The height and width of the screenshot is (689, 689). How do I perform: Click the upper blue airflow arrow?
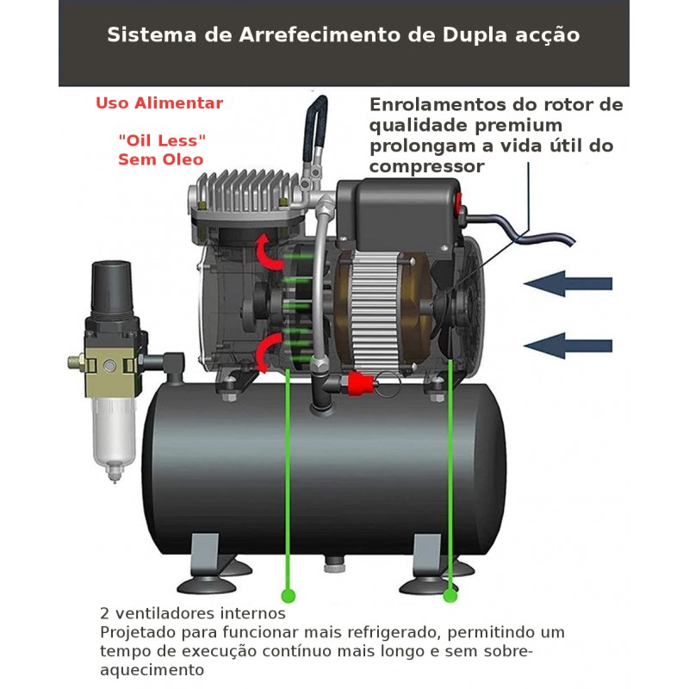tap(568, 283)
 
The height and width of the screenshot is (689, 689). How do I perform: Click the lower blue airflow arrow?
tap(568, 345)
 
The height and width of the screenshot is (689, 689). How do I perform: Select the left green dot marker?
tap(289, 596)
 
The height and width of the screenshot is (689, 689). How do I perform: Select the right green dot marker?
tap(450, 596)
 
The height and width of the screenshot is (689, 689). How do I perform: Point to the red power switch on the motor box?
tap(458, 203)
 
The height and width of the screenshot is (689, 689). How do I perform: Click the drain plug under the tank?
tap(334, 564)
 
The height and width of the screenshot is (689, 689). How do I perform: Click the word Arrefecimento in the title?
tap(320, 35)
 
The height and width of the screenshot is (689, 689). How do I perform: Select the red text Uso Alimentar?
tap(159, 103)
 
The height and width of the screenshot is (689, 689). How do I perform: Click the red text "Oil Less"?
tap(162, 140)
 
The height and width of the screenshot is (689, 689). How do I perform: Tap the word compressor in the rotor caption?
tap(426, 167)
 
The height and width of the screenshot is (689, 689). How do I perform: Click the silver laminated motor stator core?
tap(375, 310)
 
